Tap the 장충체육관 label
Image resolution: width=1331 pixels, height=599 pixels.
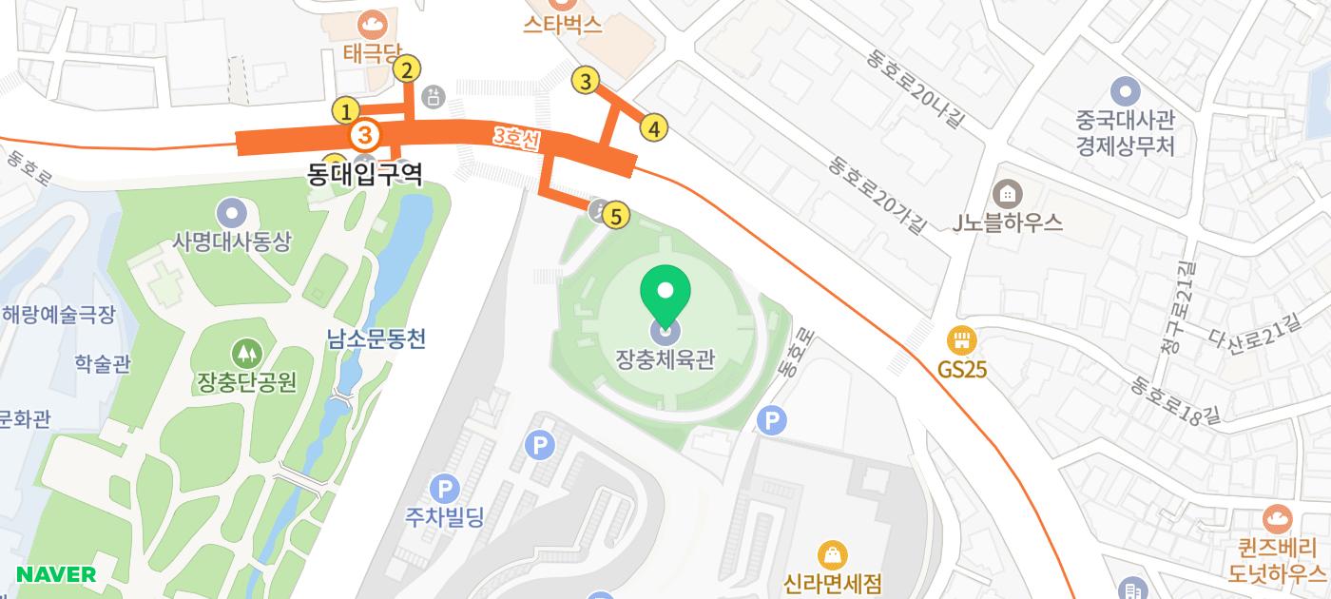point(665,359)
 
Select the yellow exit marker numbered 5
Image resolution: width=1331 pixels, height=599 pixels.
point(616,217)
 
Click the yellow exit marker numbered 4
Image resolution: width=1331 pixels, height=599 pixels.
point(653,127)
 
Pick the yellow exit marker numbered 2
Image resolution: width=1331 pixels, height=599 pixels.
point(407,69)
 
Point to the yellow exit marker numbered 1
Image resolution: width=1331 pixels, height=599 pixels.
point(346,111)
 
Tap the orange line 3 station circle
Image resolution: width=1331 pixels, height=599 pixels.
point(365,135)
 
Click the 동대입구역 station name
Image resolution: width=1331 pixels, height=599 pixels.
point(365,173)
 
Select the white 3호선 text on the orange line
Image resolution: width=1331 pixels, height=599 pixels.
point(516,139)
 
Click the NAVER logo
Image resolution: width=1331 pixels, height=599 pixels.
point(56,574)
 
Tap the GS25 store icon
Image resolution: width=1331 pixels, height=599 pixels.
point(962,340)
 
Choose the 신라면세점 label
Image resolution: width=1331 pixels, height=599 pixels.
point(833,582)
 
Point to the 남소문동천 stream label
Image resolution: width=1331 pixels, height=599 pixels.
point(376,338)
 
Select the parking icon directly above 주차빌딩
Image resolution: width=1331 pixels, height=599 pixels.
point(444,490)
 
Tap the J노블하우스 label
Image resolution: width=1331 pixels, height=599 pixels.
point(1007,222)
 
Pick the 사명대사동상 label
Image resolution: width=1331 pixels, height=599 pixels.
point(232,242)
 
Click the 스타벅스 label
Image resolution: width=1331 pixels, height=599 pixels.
point(563,26)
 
